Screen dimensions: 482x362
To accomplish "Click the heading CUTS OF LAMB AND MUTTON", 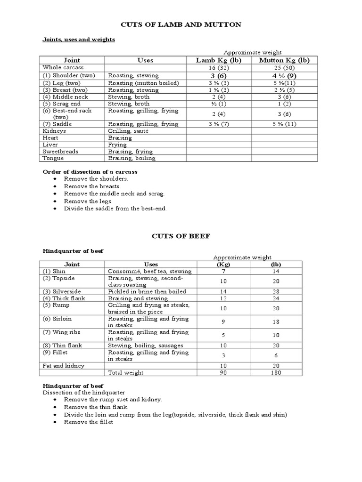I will pos(181,24).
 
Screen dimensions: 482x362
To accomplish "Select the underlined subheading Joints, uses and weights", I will pos(79,40).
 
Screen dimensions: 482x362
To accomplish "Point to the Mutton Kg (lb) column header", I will pos(284,60).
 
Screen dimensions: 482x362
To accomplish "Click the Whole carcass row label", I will pos(59,68).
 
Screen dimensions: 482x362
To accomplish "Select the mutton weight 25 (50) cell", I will pos(284,68).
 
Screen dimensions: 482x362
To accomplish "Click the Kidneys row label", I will pos(54,131).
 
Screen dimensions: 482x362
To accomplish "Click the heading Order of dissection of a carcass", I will pos(90,172).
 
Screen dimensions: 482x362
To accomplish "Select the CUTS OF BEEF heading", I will pos(181,236).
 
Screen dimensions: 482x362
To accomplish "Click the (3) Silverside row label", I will pos(62,291).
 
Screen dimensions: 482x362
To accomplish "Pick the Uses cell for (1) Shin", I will pos(150,271).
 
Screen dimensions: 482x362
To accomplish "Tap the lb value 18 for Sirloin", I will pos(276,322).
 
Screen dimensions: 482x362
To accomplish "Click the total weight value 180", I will pos(276,372).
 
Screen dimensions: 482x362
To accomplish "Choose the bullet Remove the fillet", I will pos(89,422).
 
